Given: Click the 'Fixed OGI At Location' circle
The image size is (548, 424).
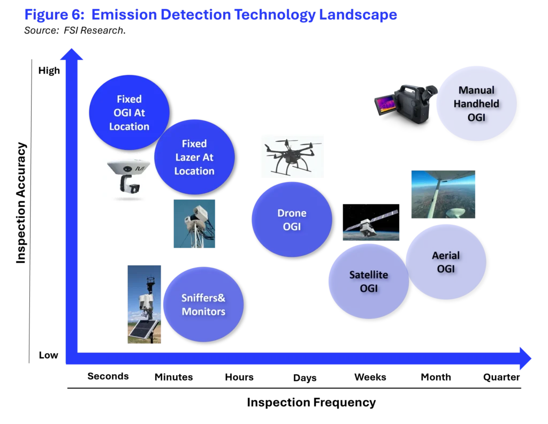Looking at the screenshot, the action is pyautogui.click(x=130, y=112).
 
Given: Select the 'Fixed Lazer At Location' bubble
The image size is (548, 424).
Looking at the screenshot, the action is pyautogui.click(x=194, y=157).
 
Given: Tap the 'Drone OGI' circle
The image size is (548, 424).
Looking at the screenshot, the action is pyautogui.click(x=292, y=219).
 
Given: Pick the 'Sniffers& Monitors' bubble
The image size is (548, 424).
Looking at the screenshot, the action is pyautogui.click(x=203, y=305).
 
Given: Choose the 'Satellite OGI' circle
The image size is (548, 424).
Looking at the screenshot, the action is pyautogui.click(x=369, y=282).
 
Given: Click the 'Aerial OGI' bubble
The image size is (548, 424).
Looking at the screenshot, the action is pyautogui.click(x=446, y=262).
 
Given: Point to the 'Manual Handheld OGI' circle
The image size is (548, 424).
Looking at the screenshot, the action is pyautogui.click(x=476, y=103).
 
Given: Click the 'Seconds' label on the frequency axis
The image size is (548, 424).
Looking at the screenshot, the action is pyautogui.click(x=108, y=376).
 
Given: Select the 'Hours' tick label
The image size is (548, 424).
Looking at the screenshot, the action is pyautogui.click(x=239, y=377).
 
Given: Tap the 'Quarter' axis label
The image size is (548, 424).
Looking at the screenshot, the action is pyautogui.click(x=501, y=377).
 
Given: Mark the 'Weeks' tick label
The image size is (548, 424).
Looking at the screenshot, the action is pyautogui.click(x=370, y=377).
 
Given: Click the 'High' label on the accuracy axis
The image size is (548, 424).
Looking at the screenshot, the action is pyautogui.click(x=49, y=71).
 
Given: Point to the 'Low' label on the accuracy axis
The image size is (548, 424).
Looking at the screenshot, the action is pyautogui.click(x=48, y=355).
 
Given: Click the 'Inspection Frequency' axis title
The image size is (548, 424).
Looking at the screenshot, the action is pyautogui.click(x=311, y=403).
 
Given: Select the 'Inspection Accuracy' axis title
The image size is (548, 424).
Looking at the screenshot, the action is pyautogui.click(x=21, y=203).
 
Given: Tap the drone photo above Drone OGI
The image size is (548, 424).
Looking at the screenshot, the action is pyautogui.click(x=292, y=157).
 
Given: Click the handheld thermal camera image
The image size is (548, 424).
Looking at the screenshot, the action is pyautogui.click(x=406, y=104).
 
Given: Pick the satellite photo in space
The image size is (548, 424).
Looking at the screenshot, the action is pyautogui.click(x=371, y=222).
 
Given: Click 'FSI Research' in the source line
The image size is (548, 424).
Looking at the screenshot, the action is pyautogui.click(x=93, y=31).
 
